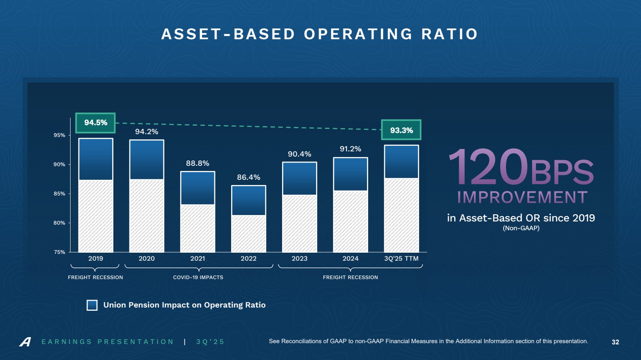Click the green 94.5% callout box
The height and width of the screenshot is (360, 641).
click(95, 123)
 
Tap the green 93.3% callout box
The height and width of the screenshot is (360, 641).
click(401, 130)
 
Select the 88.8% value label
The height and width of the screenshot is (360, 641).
click(198, 163)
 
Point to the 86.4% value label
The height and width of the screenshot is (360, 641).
click(248, 177)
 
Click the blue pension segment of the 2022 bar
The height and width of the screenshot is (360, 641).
click(248, 200)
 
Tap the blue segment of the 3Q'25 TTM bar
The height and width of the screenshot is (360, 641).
click(401, 161)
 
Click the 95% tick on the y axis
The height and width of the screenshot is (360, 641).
click(59, 135)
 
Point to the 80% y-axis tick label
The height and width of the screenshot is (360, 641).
click(59, 223)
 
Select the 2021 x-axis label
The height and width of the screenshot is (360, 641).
click(198, 259)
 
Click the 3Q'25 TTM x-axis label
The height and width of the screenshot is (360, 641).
click(401, 259)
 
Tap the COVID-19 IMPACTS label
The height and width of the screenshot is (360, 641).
click(198, 278)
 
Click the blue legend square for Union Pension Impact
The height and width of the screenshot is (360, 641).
click(92, 305)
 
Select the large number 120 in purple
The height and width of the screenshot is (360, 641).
click(488, 167)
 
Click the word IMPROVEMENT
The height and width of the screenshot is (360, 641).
click(522, 197)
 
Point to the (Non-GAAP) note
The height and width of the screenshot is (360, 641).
click(521, 228)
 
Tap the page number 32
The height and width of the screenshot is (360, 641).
click(615, 342)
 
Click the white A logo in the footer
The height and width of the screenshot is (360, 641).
click(25, 342)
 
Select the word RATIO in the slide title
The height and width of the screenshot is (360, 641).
click(450, 34)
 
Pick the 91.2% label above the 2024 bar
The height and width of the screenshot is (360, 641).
click(350, 149)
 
